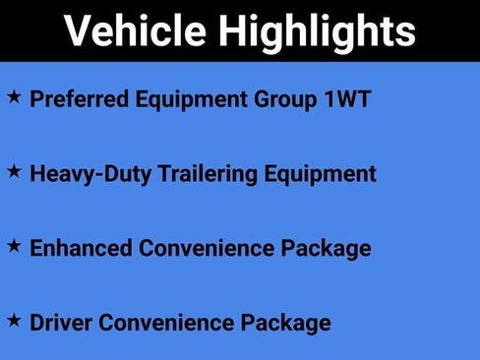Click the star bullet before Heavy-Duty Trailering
point(14,171)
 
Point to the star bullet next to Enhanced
point(14,246)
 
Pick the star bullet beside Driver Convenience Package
point(14,320)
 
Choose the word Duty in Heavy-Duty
point(119,174)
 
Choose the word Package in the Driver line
point(281,322)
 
